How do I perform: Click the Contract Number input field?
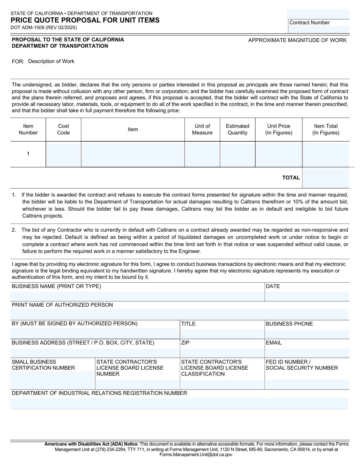click(x=319, y=29)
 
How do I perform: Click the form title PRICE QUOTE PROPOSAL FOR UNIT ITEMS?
click(x=85, y=20)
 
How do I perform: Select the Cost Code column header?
click(x=63, y=130)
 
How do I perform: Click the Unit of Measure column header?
click(x=202, y=130)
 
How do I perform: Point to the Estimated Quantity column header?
click(x=237, y=130)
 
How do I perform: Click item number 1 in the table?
click(x=28, y=154)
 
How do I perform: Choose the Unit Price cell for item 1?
click(x=278, y=155)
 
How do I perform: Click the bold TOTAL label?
click(x=291, y=178)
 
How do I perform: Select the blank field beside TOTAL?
click(x=326, y=178)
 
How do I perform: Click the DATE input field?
click(x=307, y=296)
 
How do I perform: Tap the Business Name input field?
click(x=137, y=296)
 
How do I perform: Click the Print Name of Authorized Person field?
click(x=179, y=314)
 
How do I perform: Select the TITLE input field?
click(x=222, y=334)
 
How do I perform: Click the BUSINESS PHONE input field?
click(x=307, y=334)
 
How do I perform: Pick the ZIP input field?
click(x=222, y=353)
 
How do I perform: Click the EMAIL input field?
click(x=307, y=353)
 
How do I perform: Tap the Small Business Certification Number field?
click(x=52, y=380)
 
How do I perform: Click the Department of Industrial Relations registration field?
click(x=179, y=404)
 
